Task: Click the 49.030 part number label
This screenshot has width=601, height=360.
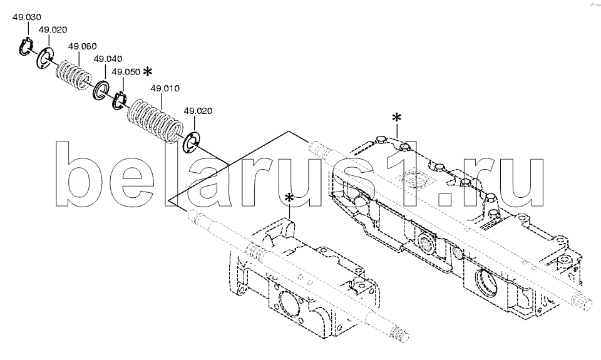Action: [26, 18]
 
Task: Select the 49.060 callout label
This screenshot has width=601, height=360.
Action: [83, 46]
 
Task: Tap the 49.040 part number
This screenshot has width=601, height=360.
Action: [108, 59]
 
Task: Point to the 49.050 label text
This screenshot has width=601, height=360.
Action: [126, 72]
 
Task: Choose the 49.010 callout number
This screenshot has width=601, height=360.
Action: [165, 88]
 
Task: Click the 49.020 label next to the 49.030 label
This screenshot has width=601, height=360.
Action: [53, 30]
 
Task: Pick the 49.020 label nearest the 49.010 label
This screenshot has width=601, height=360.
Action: [198, 111]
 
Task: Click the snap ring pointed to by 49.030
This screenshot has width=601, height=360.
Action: [26, 46]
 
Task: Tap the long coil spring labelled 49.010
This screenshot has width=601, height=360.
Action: [155, 121]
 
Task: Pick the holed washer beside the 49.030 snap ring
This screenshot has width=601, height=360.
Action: [45, 58]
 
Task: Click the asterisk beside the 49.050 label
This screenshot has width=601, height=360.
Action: [147, 72]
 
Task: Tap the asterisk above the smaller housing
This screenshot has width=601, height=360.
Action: [289, 198]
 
